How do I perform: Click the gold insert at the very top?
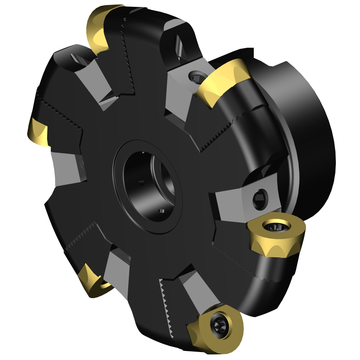point(99,27)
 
